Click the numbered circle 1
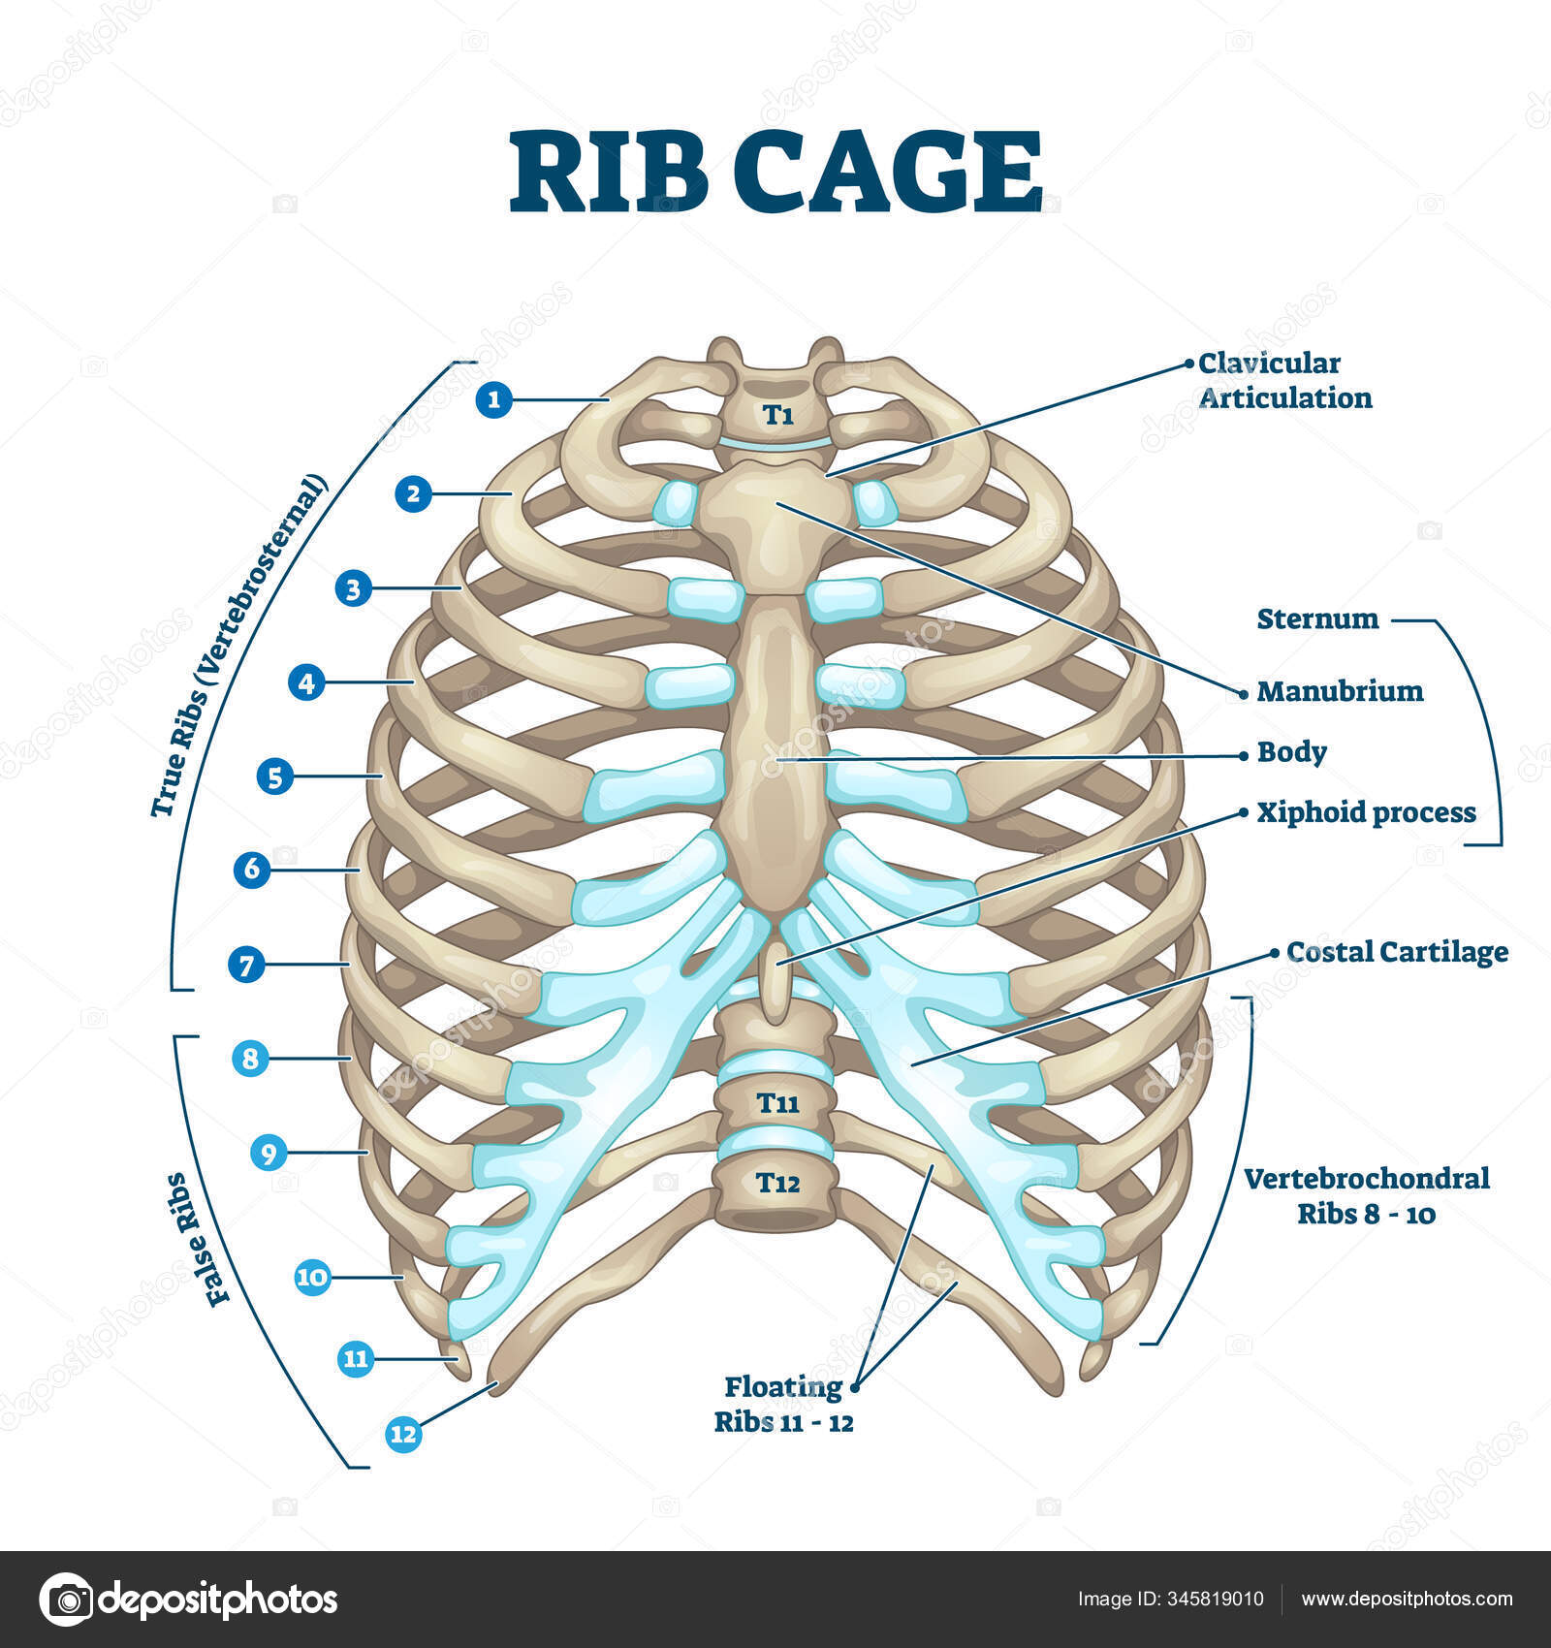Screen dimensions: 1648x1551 494,398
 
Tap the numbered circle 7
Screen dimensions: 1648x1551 246,965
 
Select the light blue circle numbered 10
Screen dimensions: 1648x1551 312,1277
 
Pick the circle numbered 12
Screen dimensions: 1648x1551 403,1433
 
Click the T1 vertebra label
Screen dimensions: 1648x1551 777,415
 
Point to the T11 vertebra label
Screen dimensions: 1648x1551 778,1102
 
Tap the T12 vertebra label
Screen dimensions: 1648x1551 778,1183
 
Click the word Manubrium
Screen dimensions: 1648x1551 1340,691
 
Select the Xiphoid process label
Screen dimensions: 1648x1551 1366,812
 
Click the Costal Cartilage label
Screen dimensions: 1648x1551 1397,952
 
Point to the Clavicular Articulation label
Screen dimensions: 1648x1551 1284,380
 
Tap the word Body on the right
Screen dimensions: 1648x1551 1291,752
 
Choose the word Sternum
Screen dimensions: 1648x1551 1317,618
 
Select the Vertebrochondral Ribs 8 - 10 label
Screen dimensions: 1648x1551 1366,1195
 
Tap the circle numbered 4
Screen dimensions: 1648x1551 306,682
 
